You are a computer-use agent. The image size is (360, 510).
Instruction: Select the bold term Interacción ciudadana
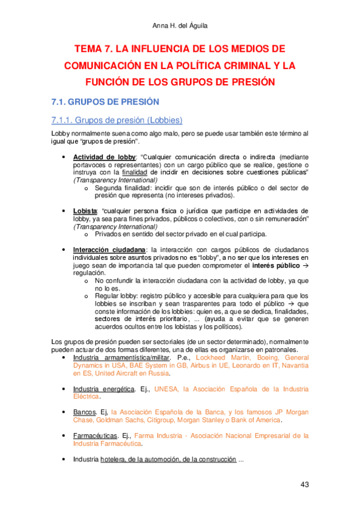[109, 250]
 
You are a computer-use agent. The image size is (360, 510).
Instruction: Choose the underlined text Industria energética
[104, 389]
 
